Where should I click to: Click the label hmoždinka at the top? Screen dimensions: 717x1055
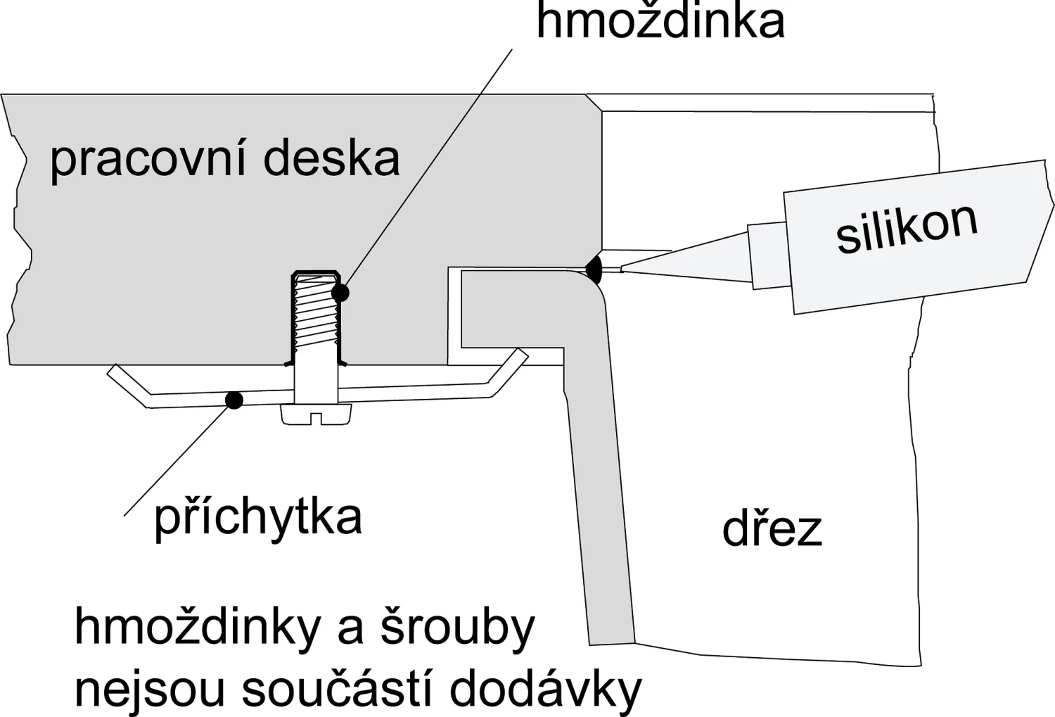pyautogui.click(x=660, y=21)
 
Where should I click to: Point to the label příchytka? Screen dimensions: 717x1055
pyautogui.click(x=257, y=518)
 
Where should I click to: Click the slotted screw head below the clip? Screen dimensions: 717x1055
pyautogui.click(x=316, y=414)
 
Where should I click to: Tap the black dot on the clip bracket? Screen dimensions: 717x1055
pyautogui.click(x=234, y=400)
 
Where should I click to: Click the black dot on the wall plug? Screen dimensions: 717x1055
pyautogui.click(x=340, y=292)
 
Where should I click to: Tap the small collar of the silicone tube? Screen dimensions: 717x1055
pyautogui.click(x=767, y=255)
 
